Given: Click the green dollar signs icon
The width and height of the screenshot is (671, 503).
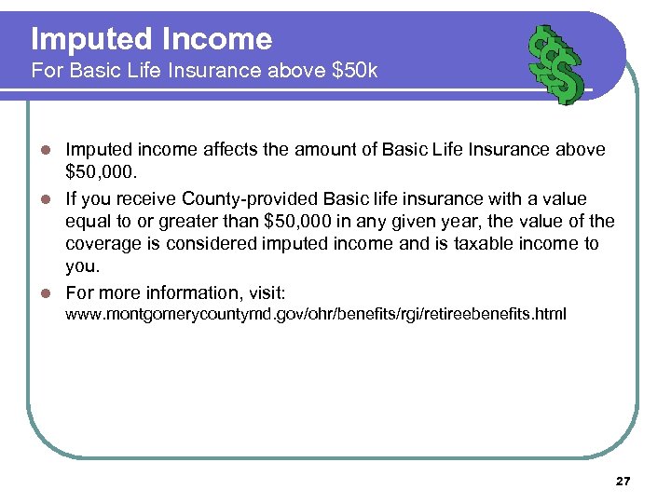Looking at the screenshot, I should click(556, 62).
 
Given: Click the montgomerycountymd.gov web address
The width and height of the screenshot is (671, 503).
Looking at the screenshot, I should click(314, 315).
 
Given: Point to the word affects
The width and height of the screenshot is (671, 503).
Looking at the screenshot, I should click(230, 149).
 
